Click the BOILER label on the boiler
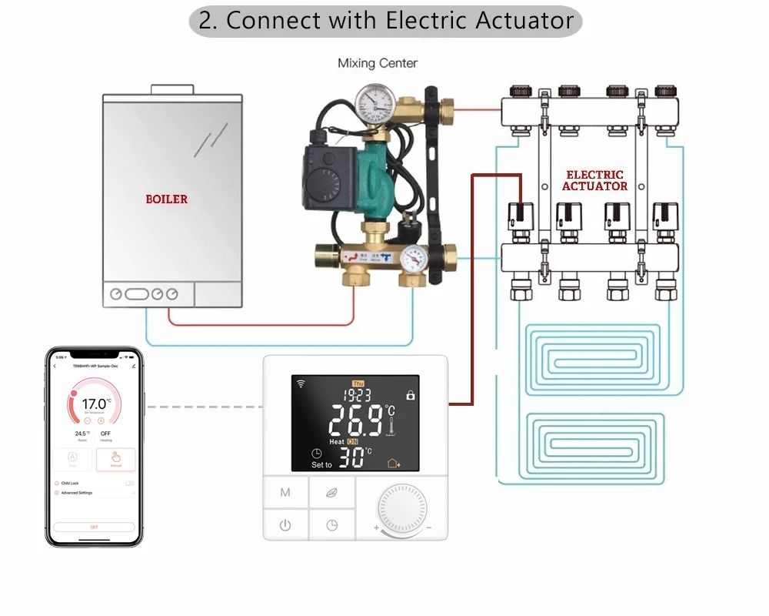167,199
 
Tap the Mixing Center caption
378,63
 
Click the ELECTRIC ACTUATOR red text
594,180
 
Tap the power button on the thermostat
285,525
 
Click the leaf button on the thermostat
331,491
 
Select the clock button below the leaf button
331,525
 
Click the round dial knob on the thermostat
401,511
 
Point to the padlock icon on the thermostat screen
411,395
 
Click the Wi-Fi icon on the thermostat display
300,383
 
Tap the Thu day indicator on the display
358,383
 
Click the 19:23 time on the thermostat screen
357,396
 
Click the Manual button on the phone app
115,460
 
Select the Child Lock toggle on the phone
129,483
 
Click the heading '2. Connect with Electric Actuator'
385,21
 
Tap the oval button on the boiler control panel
137,294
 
